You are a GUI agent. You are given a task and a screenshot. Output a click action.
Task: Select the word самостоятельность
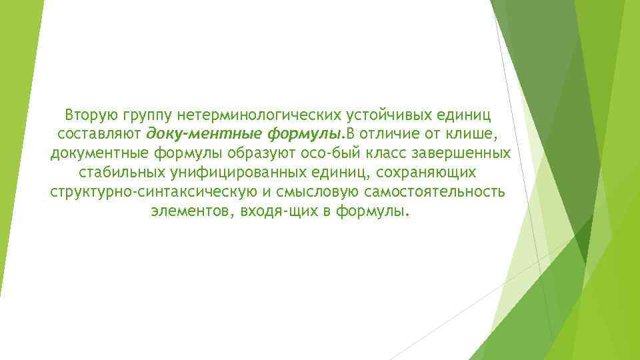point(443,193)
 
